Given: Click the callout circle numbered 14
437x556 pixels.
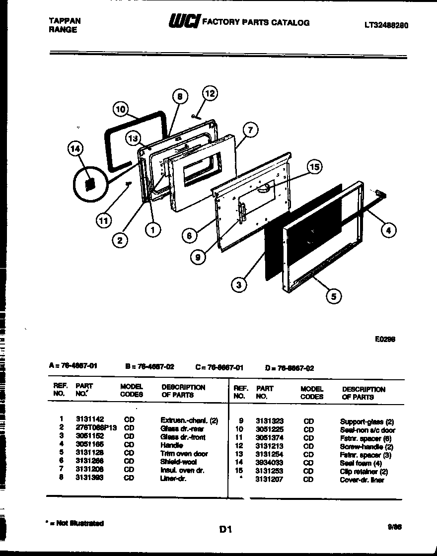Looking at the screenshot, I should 76,149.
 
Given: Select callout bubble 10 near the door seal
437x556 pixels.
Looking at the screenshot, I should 121,109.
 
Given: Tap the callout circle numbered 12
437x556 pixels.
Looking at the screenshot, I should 210,93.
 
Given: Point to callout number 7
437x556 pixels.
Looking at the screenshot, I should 250,131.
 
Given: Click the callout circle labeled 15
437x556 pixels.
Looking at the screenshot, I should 314,167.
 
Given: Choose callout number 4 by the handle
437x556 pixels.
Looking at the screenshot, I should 389,229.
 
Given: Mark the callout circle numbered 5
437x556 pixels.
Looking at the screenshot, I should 333,296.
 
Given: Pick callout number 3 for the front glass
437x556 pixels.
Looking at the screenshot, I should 239,284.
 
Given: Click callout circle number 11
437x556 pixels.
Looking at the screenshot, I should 103,221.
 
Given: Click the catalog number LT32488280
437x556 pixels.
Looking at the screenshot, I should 386,26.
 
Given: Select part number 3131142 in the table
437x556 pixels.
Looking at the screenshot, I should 90,420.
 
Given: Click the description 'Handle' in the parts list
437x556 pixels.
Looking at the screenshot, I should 171,445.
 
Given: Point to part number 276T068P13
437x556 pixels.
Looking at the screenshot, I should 96,428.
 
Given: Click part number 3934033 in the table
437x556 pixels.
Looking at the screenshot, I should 270,463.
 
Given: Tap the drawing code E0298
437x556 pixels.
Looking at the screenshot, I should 385,340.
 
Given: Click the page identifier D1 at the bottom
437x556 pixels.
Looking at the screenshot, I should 225,529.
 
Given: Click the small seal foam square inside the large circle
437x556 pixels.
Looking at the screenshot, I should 90,184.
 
